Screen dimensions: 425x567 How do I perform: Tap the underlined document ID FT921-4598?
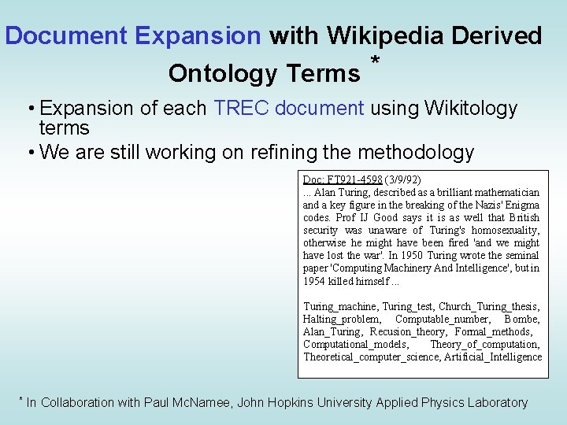(x=354, y=179)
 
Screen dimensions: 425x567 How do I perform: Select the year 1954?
(x=315, y=280)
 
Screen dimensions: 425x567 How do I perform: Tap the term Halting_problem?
(x=341, y=319)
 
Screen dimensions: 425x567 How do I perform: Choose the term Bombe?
(x=523, y=319)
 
